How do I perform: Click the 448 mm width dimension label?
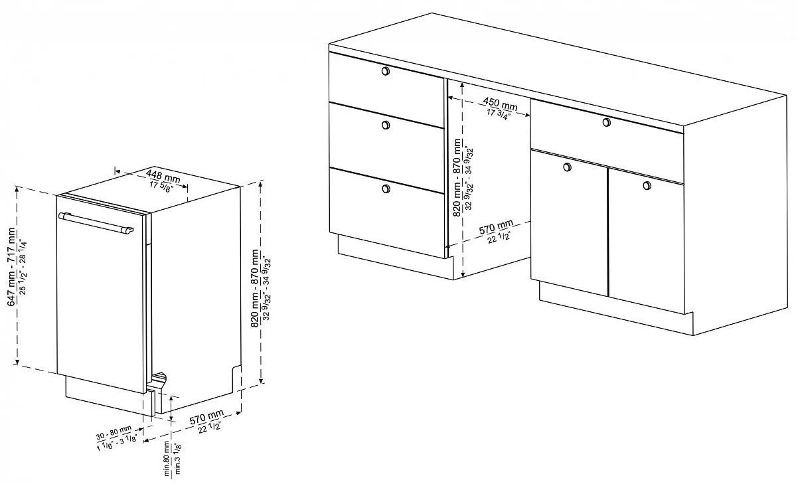(x=163, y=176)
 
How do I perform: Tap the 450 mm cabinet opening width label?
(x=500, y=104)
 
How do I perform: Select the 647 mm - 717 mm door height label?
(x=12, y=266)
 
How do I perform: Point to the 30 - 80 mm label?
(x=114, y=433)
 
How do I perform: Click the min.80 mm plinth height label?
(x=167, y=459)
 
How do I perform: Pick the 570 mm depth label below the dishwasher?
(x=206, y=417)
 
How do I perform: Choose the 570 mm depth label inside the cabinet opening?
(x=496, y=227)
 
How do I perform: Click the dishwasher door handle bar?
(x=96, y=223)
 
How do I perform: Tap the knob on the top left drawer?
(x=385, y=71)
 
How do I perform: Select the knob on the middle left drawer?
(x=386, y=125)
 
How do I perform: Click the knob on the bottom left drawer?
(x=386, y=189)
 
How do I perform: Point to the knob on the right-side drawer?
(x=606, y=122)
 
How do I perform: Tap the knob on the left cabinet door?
(x=567, y=167)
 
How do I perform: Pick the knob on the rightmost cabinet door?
(x=647, y=185)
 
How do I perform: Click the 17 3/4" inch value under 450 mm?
(x=499, y=114)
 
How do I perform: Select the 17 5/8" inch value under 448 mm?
(x=161, y=187)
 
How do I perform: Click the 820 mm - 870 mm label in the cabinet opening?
(x=457, y=177)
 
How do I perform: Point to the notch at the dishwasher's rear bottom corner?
(x=236, y=378)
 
